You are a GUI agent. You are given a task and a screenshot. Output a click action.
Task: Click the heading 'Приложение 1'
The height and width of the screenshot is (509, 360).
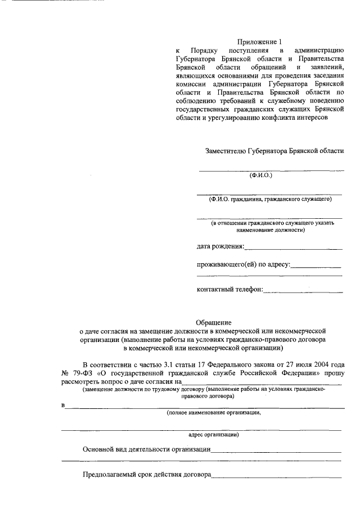pyautogui.click(x=258, y=42)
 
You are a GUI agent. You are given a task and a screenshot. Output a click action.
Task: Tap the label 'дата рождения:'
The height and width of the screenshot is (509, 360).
pyautogui.click(x=220, y=246)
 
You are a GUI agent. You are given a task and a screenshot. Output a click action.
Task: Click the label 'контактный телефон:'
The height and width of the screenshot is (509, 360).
pyautogui.click(x=229, y=290)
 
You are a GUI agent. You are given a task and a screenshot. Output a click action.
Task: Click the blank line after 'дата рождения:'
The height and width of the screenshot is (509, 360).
pyautogui.click(x=294, y=248)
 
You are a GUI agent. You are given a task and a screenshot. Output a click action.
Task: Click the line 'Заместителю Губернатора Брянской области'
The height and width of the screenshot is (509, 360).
pyautogui.click(x=275, y=151)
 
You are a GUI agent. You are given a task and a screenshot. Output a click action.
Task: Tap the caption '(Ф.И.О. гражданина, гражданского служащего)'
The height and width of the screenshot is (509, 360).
pyautogui.click(x=269, y=199)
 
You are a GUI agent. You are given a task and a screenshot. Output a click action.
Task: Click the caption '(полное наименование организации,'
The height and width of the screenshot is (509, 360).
pyautogui.click(x=213, y=412)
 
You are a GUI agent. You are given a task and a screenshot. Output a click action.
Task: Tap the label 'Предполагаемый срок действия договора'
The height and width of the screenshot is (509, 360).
pyautogui.click(x=146, y=475)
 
